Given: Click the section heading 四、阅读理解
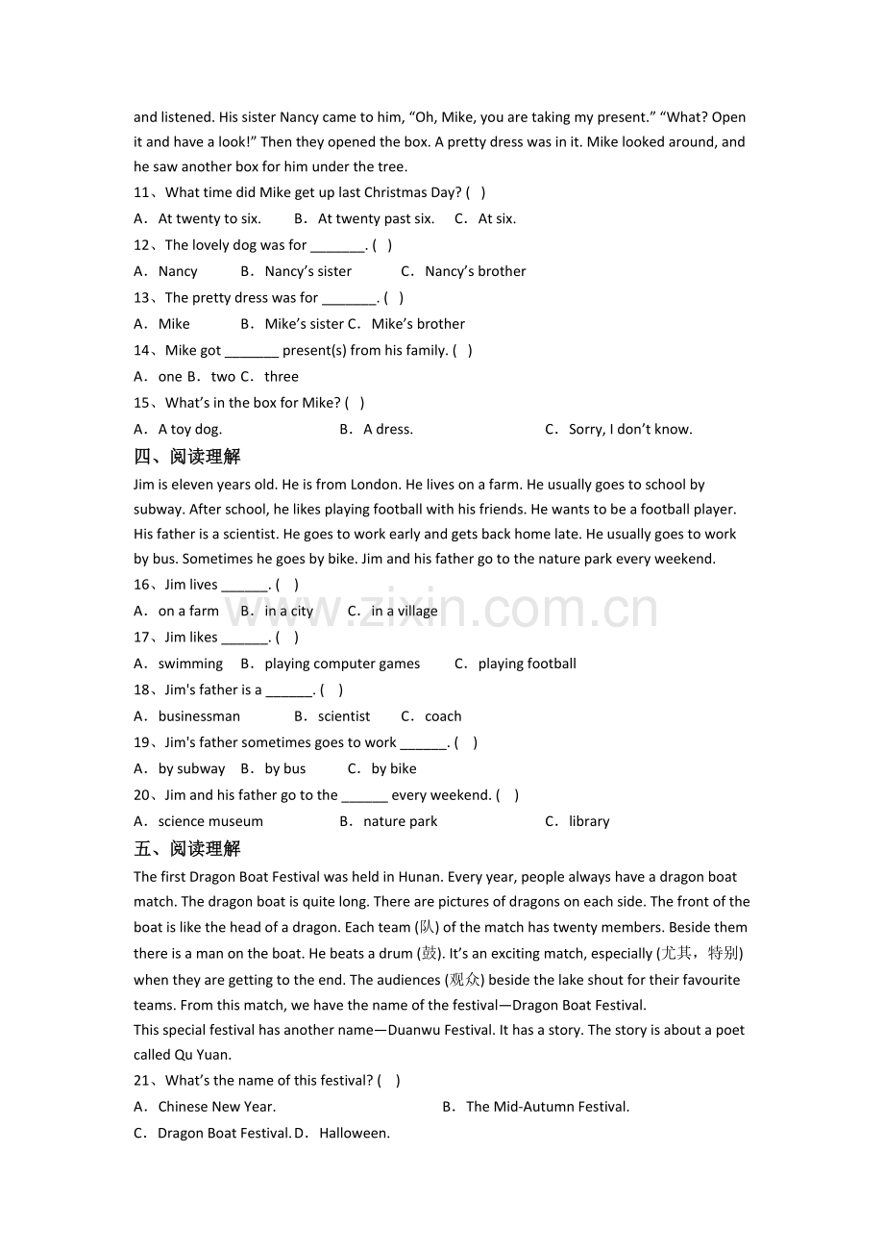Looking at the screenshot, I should [x=187, y=457].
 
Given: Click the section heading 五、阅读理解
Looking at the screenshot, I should [x=187, y=848].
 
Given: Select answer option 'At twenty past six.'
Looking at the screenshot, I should [x=376, y=218].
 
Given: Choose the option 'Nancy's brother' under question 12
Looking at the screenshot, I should [x=475, y=271].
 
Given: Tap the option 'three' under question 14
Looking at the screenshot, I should [x=282, y=376].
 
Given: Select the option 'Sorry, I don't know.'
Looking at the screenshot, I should [x=630, y=429].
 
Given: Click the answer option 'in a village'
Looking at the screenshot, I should [x=405, y=611].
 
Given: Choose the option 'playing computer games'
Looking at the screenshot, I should [x=342, y=664].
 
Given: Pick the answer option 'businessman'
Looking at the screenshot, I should [x=199, y=716].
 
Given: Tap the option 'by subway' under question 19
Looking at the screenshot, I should [x=191, y=768].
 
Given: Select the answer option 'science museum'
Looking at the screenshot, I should [x=210, y=821].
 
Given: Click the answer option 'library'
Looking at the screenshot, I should [x=589, y=821].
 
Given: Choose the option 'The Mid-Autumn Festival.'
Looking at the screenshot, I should [x=548, y=1107].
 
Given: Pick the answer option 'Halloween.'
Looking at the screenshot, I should [x=355, y=1133].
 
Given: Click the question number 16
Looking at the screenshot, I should [x=143, y=585].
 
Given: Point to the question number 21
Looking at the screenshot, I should [x=143, y=1081].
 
